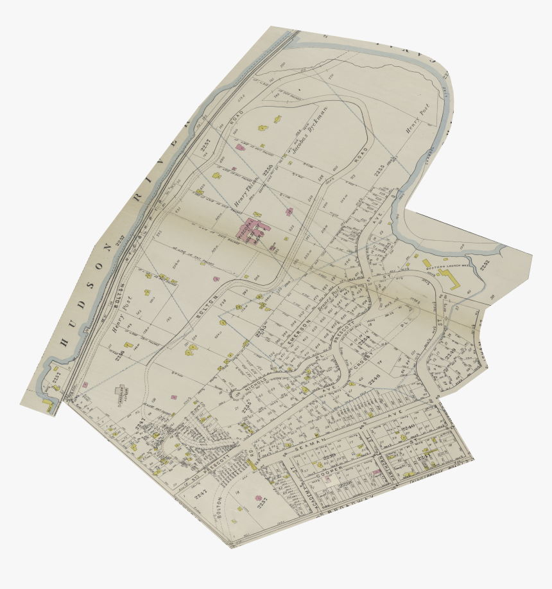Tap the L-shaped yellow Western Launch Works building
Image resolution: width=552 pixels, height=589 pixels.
(449, 278)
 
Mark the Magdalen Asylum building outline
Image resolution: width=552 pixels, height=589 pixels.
(121, 391)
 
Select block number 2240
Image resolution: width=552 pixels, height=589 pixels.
(409, 427)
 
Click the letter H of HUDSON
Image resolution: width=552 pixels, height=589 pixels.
(64, 342)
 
